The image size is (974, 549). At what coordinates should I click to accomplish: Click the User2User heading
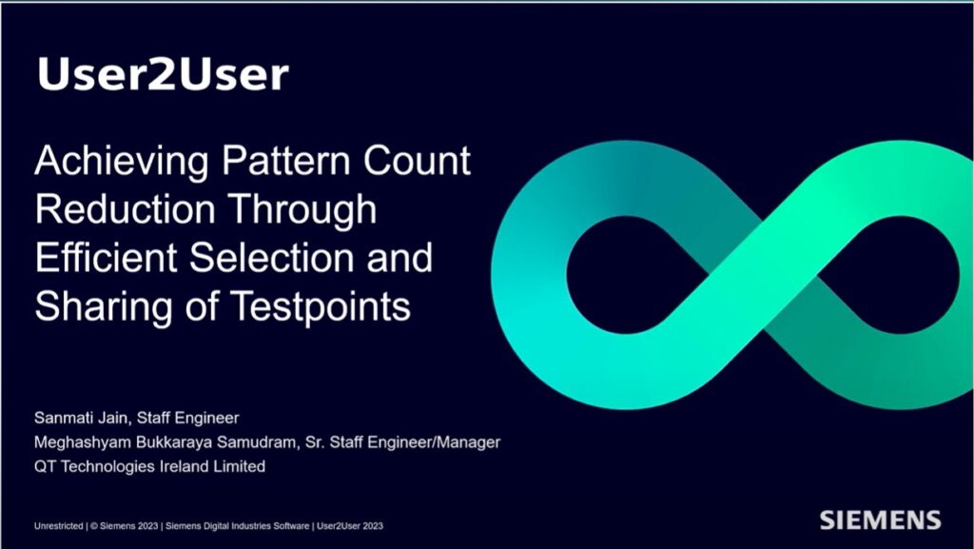tap(163, 73)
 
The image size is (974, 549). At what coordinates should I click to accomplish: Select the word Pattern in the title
tap(280, 161)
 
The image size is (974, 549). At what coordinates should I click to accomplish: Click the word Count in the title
tap(419, 161)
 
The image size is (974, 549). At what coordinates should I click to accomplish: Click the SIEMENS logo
tap(880, 520)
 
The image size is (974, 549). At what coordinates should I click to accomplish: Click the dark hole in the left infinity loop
tap(617, 262)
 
